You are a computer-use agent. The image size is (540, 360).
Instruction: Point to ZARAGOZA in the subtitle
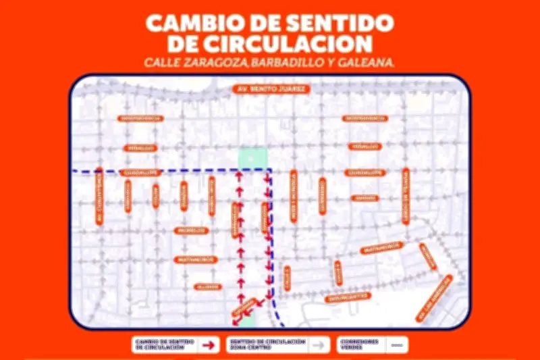click(x=206, y=63)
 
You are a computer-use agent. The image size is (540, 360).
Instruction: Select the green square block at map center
click(x=253, y=159)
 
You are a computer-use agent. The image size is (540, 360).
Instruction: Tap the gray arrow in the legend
click(x=320, y=345)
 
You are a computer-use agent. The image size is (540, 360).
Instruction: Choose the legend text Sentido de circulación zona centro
click(x=268, y=344)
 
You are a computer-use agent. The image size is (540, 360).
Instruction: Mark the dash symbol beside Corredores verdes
click(x=397, y=345)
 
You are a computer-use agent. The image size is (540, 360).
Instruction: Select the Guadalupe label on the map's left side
click(x=140, y=173)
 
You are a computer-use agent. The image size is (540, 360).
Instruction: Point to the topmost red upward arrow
click(x=239, y=177)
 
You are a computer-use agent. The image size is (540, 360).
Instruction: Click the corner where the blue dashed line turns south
click(x=270, y=170)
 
